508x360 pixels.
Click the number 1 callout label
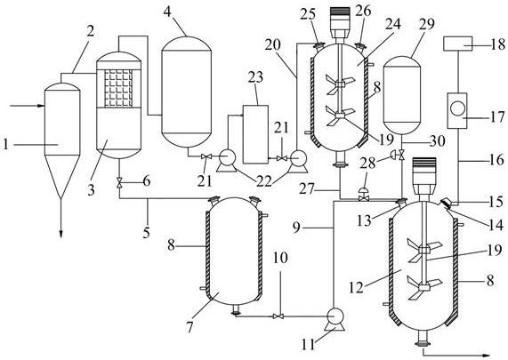pos(5,144)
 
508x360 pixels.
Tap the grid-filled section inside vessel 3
pos(118,88)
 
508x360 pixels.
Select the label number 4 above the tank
pos(167,12)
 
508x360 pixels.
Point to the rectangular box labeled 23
pos(255,134)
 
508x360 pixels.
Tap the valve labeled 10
pos(278,316)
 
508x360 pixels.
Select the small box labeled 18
pos(457,44)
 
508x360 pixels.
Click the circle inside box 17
pos(457,108)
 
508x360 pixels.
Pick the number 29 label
pos(426,24)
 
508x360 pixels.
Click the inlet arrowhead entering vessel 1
pos(41,106)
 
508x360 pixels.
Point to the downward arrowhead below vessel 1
pos(60,234)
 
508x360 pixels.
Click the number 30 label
pos(437,141)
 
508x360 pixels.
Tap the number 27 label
pos(306,189)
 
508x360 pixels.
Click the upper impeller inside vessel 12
pos(424,250)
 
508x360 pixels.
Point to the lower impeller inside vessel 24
pos(340,116)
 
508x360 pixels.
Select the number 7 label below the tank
pos(189,327)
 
